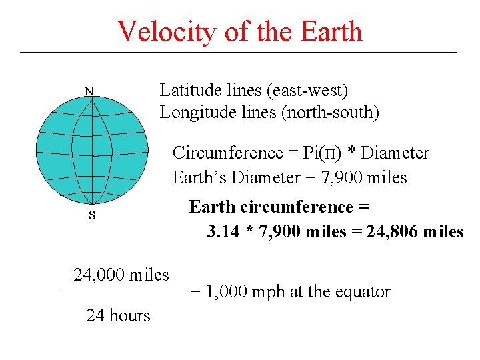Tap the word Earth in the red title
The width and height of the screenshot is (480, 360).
click(x=331, y=31)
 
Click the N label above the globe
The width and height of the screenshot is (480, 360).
click(x=89, y=91)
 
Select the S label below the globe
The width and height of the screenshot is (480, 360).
click(x=91, y=215)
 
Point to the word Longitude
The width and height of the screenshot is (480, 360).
click(x=194, y=112)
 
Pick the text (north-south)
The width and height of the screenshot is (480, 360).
click(x=331, y=112)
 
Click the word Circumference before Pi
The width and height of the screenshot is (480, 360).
click(x=228, y=153)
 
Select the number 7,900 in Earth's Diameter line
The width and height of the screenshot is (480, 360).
click(x=343, y=177)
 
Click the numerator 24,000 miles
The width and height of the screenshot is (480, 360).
click(x=121, y=274)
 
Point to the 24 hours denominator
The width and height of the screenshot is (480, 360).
click(x=118, y=315)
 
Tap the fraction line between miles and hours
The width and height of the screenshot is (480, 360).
click(x=121, y=293)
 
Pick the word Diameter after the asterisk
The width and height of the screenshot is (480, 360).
click(x=396, y=153)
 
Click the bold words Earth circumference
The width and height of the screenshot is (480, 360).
click(x=279, y=207)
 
